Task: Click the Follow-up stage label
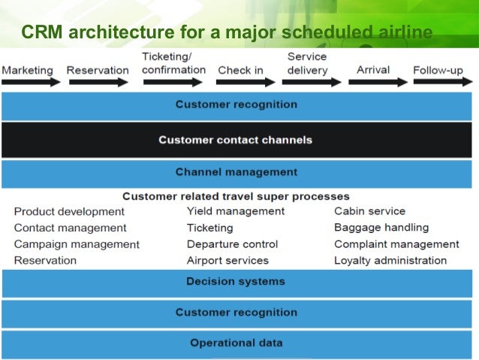(x=438, y=71)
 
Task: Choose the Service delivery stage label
(x=307, y=64)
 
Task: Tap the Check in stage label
(x=240, y=71)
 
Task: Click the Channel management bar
(x=236, y=172)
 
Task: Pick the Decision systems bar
(x=236, y=282)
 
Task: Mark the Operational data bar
(x=236, y=343)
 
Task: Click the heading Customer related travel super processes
(x=236, y=196)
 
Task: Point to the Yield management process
(x=236, y=211)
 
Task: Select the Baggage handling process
(x=381, y=227)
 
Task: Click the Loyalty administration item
(x=390, y=261)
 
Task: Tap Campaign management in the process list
(x=77, y=244)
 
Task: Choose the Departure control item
(x=232, y=244)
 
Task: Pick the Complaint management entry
(x=396, y=244)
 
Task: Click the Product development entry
(x=69, y=211)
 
